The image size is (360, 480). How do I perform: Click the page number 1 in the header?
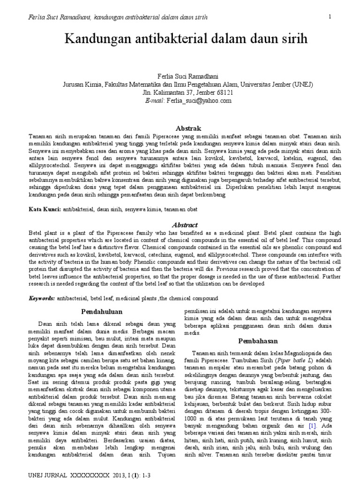coord(330,17)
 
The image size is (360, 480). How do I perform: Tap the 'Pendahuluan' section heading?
coord(102,311)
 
